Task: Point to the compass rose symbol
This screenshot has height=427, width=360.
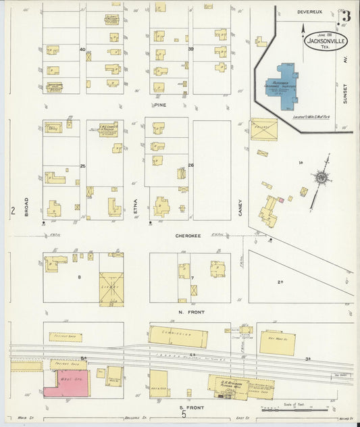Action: [322, 177]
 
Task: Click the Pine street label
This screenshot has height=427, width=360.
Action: [159, 105]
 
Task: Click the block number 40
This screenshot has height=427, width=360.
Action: [82, 49]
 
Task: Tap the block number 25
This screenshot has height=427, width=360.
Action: [83, 166]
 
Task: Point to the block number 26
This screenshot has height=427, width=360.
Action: [190, 166]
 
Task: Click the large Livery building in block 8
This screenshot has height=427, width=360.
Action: [111, 288]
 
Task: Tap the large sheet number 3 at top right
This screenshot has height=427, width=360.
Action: [345, 16]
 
